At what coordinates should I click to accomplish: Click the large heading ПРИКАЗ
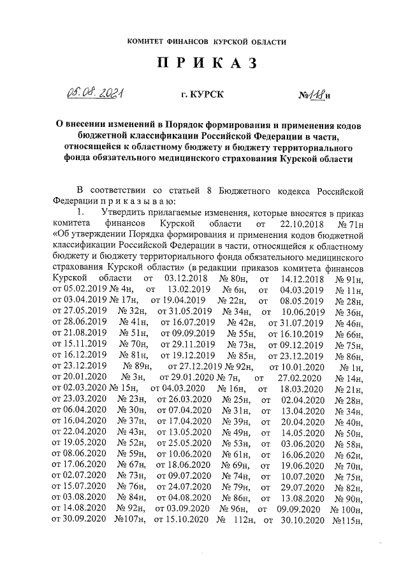pos(204,64)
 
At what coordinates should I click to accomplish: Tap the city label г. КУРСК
pos(203,96)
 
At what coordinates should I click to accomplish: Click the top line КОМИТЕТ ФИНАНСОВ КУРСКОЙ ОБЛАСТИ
pos(204,41)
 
